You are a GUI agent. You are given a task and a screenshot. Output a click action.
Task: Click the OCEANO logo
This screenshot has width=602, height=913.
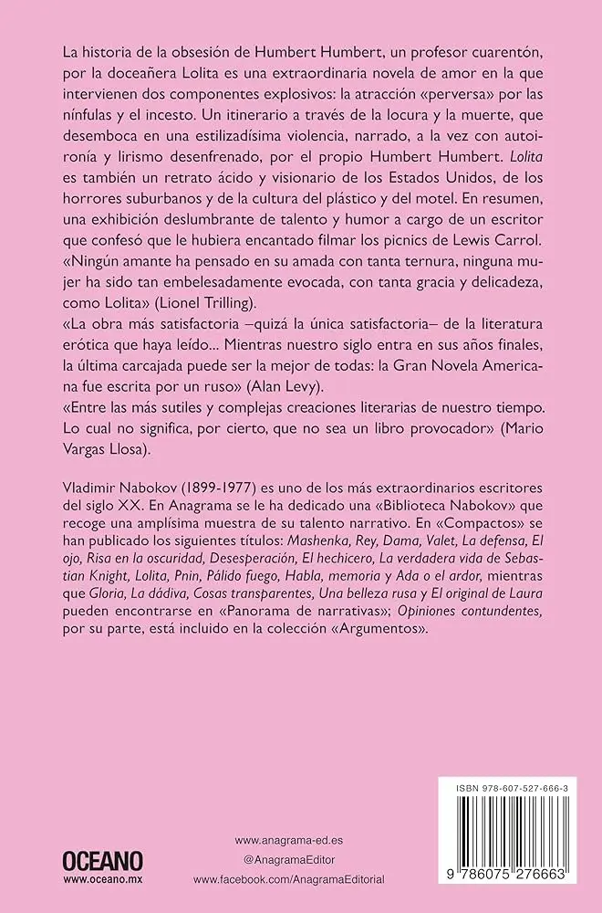[102, 860]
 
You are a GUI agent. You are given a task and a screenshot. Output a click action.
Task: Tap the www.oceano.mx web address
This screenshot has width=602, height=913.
[102, 881]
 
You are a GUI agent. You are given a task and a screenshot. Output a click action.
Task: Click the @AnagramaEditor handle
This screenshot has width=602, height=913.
[283, 859]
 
